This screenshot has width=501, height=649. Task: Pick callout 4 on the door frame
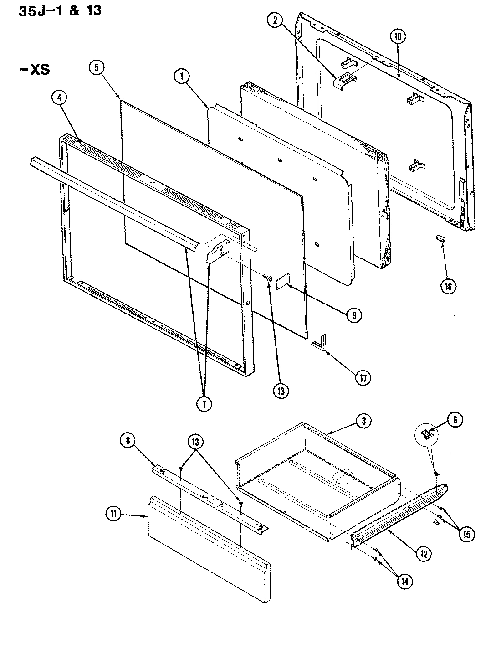coord(59,97)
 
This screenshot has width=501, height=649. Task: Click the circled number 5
coord(96,68)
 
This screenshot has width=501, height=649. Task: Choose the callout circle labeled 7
coord(204,403)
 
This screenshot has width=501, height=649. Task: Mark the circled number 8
coord(128,440)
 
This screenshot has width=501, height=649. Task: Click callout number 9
coord(354,315)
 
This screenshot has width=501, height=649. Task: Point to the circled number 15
coord(465,534)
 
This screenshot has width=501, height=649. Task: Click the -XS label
coord(34,70)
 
